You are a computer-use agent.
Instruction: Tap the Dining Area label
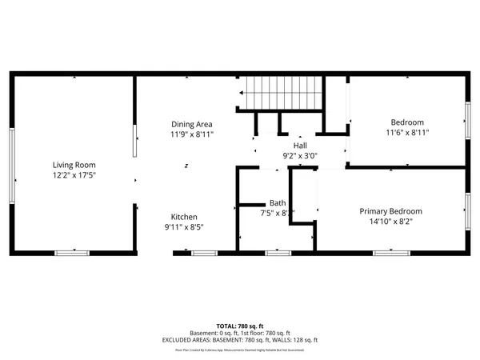tap(192, 124)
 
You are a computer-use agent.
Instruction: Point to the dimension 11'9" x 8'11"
tap(192, 134)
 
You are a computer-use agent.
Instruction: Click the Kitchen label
tap(184, 217)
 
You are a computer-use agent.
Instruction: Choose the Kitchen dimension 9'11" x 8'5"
tap(184, 227)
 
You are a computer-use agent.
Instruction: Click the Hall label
tap(300, 144)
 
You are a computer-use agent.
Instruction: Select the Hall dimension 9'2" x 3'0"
tap(300, 154)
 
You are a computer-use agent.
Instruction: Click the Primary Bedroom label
tap(390, 211)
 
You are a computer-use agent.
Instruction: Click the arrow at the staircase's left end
tap(241, 93)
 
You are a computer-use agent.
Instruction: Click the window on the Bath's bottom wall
tap(277, 253)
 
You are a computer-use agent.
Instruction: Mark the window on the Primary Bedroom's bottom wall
tap(390, 253)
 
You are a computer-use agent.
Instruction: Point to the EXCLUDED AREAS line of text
tap(239, 339)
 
